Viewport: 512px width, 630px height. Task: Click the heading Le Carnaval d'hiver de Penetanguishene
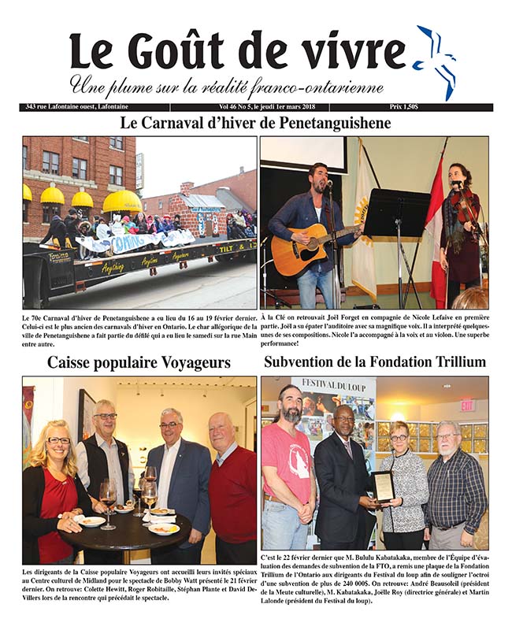255,124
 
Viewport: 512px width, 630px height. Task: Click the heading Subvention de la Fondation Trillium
375,362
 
